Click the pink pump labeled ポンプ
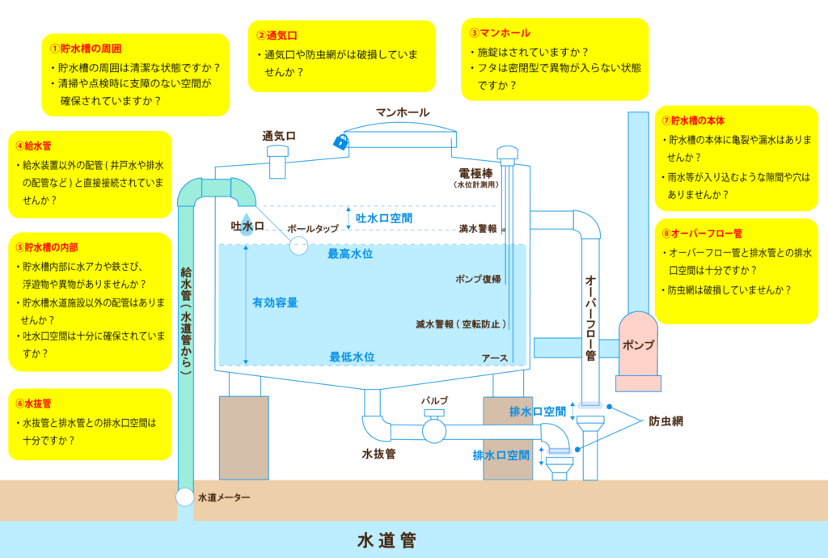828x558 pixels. tap(637, 345)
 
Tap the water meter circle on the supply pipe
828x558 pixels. tap(185, 497)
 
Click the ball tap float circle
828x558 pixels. tap(299, 246)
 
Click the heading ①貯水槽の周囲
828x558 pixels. tap(86, 49)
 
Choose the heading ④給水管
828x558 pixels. tap(33, 146)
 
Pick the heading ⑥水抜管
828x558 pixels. tap(33, 402)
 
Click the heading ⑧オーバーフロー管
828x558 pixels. tap(701, 234)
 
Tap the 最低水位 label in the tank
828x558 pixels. tap(352, 357)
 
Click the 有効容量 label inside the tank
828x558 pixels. tap(275, 302)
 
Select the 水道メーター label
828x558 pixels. tap(224, 497)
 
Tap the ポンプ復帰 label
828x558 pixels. tap(478, 278)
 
